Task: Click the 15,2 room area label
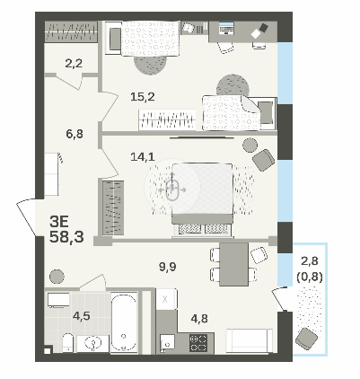(143, 97)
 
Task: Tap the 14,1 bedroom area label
(143, 156)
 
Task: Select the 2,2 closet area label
(74, 63)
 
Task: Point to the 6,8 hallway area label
(75, 134)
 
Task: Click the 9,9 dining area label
(168, 266)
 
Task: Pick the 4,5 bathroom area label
(82, 316)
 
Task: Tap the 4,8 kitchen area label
(199, 319)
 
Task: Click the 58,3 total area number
(66, 237)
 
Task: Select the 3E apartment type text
(59, 222)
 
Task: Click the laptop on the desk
(226, 29)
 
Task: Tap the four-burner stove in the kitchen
(198, 343)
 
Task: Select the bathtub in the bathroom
(124, 322)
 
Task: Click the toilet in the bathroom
(68, 343)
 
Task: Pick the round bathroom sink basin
(93, 344)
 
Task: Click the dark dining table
(233, 264)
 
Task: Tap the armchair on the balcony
(306, 339)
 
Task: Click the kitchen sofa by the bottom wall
(250, 340)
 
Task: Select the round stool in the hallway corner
(57, 277)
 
